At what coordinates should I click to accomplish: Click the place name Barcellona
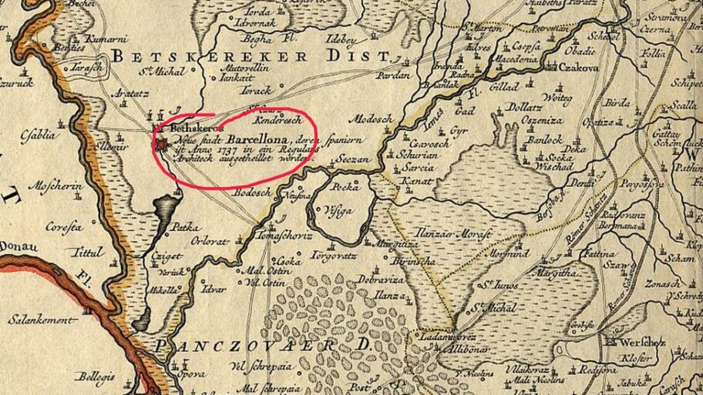pos(258,139)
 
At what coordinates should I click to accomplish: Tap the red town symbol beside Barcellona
pos(162,145)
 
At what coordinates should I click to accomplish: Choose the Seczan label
pos(355,159)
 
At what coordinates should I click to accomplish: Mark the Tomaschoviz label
pos(286,234)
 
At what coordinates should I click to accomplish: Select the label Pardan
pos(394,76)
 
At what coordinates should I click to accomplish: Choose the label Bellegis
pos(94,377)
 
